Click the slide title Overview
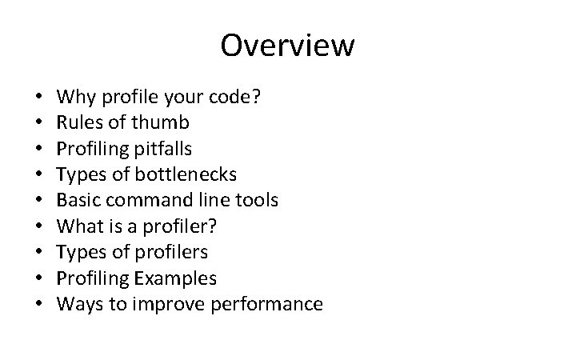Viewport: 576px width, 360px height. [x=287, y=45]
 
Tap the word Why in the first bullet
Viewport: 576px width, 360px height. [x=75, y=98]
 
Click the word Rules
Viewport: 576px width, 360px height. [x=78, y=123]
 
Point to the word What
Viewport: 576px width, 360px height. [x=78, y=226]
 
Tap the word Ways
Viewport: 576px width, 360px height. [x=78, y=304]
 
